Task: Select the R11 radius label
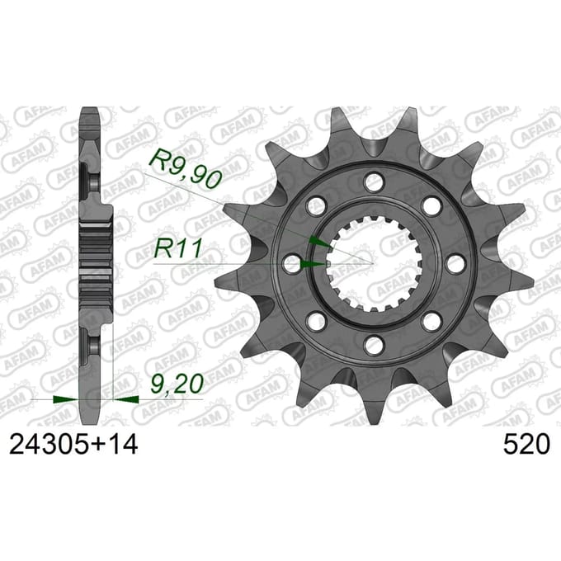[178, 248]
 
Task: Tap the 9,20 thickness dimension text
[177, 383]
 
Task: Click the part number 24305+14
[73, 445]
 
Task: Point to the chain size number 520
[526, 445]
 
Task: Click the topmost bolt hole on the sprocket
[373, 181]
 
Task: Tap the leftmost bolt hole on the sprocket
[292, 264]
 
